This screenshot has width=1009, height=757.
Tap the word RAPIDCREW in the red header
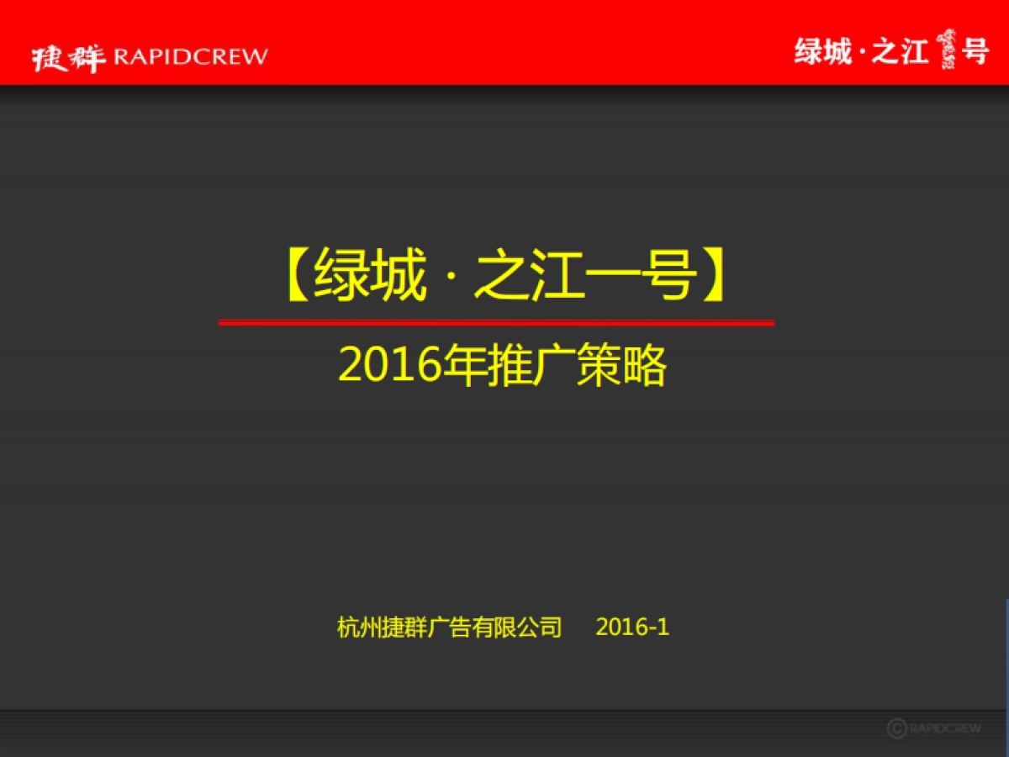pos(190,56)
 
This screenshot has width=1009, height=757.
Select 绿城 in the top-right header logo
pos(823,52)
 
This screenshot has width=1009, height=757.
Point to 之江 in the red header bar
pos(900,52)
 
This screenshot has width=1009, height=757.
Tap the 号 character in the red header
pos(975,52)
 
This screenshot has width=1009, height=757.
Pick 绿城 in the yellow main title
pos(370,278)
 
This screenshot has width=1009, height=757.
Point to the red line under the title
pos(496,322)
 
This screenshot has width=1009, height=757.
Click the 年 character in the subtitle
pos(463,367)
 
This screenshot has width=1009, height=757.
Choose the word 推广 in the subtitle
pos(530,367)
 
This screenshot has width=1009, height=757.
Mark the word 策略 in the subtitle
pos(621,367)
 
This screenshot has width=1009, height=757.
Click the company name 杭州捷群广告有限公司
pos(449,627)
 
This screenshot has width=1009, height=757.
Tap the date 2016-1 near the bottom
pos(632,627)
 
